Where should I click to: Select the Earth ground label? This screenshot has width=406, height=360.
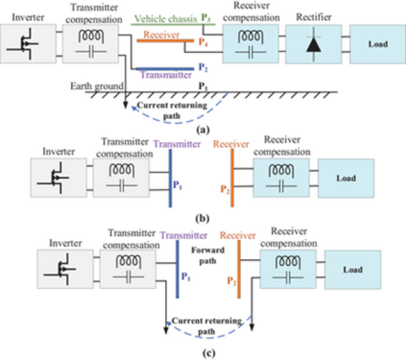pyautogui.click(x=96, y=86)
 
